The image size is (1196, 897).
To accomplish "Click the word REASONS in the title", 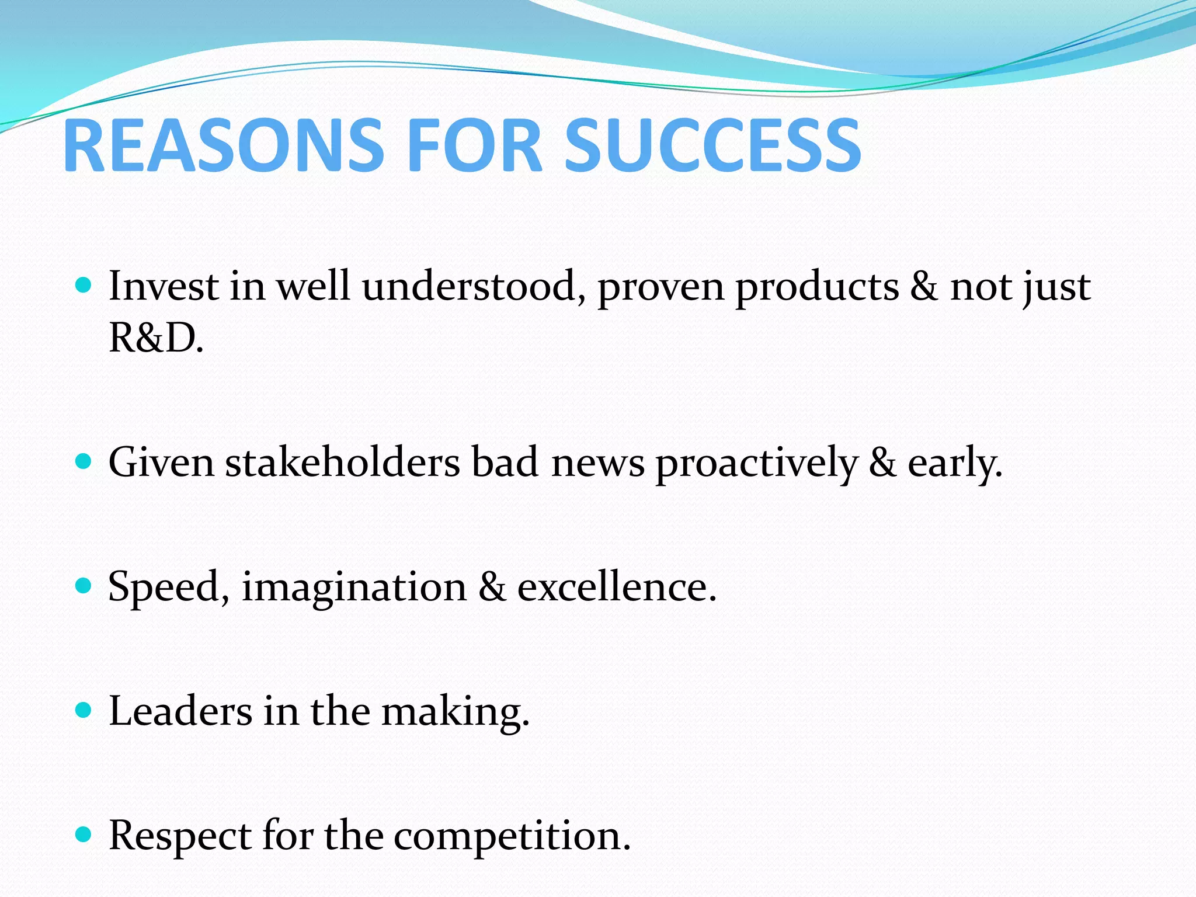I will coord(223,146).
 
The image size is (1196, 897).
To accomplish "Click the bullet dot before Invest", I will coord(84,285).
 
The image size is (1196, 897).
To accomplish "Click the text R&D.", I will coord(156,338).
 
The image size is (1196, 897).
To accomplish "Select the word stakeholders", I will coord(343,463).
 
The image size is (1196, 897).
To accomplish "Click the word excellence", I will coord(617,587).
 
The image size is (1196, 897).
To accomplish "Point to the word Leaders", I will coord(180,711).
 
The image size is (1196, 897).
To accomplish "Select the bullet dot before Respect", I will coord(84,835).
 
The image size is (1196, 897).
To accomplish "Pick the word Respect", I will coord(180,837).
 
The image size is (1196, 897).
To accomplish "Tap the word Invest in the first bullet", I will coord(164,287).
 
